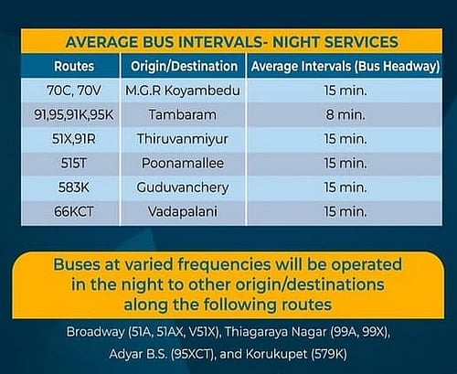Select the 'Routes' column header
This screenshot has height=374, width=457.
click(72, 66)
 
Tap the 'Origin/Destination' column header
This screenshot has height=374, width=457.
click(183, 66)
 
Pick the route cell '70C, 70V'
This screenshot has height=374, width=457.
click(72, 91)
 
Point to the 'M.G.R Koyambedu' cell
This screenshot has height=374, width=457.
click(183, 91)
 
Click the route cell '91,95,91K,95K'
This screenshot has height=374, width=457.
click(72, 116)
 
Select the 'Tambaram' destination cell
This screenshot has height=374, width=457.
click(183, 116)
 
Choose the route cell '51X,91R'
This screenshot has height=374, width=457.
click(72, 140)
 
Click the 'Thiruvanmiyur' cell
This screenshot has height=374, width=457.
click(183, 140)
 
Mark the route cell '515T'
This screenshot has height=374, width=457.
click(72, 164)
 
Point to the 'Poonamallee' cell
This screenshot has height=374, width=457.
click(183, 164)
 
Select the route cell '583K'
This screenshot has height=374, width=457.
click(72, 187)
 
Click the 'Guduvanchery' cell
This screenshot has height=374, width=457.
click(183, 187)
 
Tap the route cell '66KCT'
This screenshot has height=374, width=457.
click(72, 211)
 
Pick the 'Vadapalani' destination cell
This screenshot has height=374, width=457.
click(183, 211)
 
